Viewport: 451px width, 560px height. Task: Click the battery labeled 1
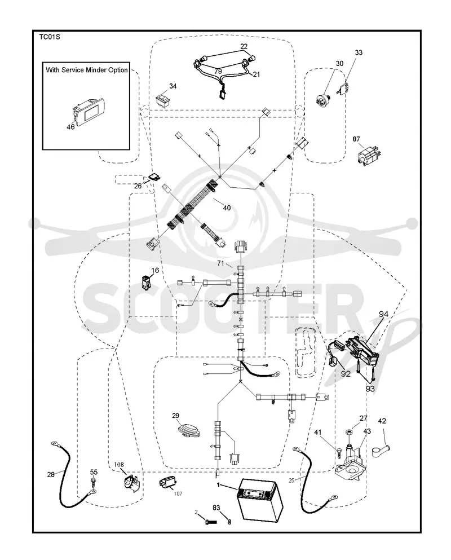(x=260, y=500)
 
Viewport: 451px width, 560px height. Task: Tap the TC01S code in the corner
(x=49, y=37)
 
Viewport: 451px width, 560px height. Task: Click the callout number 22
(x=244, y=46)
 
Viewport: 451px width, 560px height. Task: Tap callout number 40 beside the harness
(x=227, y=208)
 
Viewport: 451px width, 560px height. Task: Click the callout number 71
(x=220, y=263)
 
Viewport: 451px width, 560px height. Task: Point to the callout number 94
(x=383, y=314)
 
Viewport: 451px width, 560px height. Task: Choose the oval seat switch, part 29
(x=188, y=430)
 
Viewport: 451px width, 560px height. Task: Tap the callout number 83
(x=216, y=508)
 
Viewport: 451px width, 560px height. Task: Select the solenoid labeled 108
(x=131, y=482)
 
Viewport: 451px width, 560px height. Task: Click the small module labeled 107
(x=167, y=483)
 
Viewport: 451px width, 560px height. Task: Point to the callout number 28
(x=51, y=474)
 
